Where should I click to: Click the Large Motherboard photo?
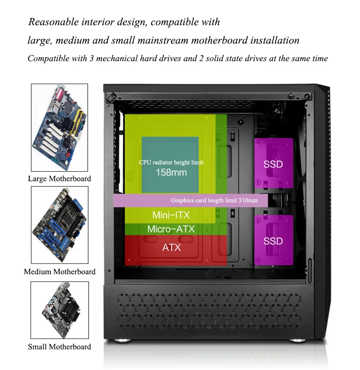pos(59,127)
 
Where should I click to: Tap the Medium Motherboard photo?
pos(59,225)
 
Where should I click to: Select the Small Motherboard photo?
pos(59,310)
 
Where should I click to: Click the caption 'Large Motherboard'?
pos(59,178)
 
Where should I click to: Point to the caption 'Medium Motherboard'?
pos(59,272)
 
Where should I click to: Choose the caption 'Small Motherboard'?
pos(59,347)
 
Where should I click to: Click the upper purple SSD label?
pos(273,164)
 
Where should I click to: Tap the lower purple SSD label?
pos(273,241)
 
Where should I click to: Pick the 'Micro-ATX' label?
pos(171,229)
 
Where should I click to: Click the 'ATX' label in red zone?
pos(171,247)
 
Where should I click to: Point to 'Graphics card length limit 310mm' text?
pos(214,201)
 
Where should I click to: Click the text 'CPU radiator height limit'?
pos(171,162)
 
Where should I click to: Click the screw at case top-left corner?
pos(112,96)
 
